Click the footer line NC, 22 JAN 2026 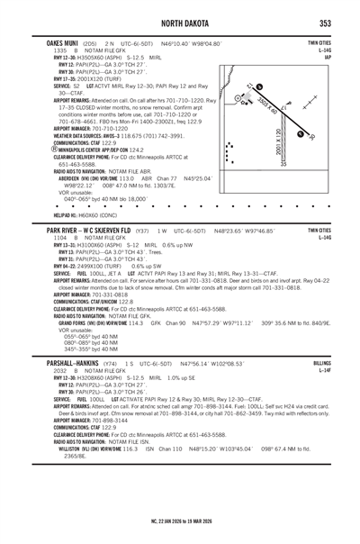(x=179, y=521)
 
